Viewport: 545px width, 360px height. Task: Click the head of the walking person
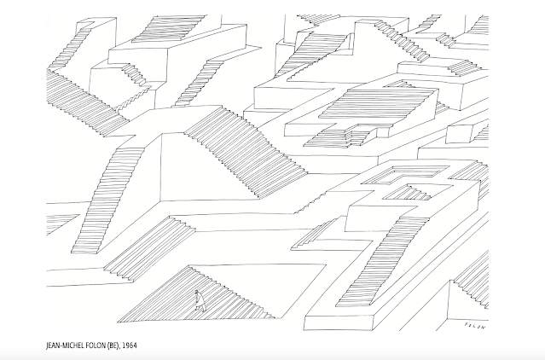[197, 293]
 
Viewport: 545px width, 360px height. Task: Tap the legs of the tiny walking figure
[198, 306]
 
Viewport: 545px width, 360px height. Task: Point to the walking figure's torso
[197, 299]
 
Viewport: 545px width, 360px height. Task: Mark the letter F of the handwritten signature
[465, 324]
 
